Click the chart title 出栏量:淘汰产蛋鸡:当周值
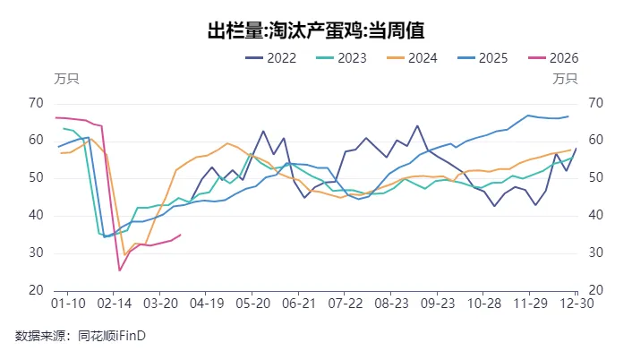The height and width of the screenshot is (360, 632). point(315,31)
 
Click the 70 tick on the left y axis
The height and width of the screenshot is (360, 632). point(37,103)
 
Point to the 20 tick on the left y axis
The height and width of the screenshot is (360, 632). point(37,290)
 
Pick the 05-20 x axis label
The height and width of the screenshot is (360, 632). point(252,304)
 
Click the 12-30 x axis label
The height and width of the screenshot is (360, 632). point(576,304)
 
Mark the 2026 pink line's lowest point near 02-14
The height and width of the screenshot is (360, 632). point(120,270)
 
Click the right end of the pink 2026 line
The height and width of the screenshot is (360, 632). point(181,235)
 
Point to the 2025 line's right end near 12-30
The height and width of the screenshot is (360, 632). point(568,116)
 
